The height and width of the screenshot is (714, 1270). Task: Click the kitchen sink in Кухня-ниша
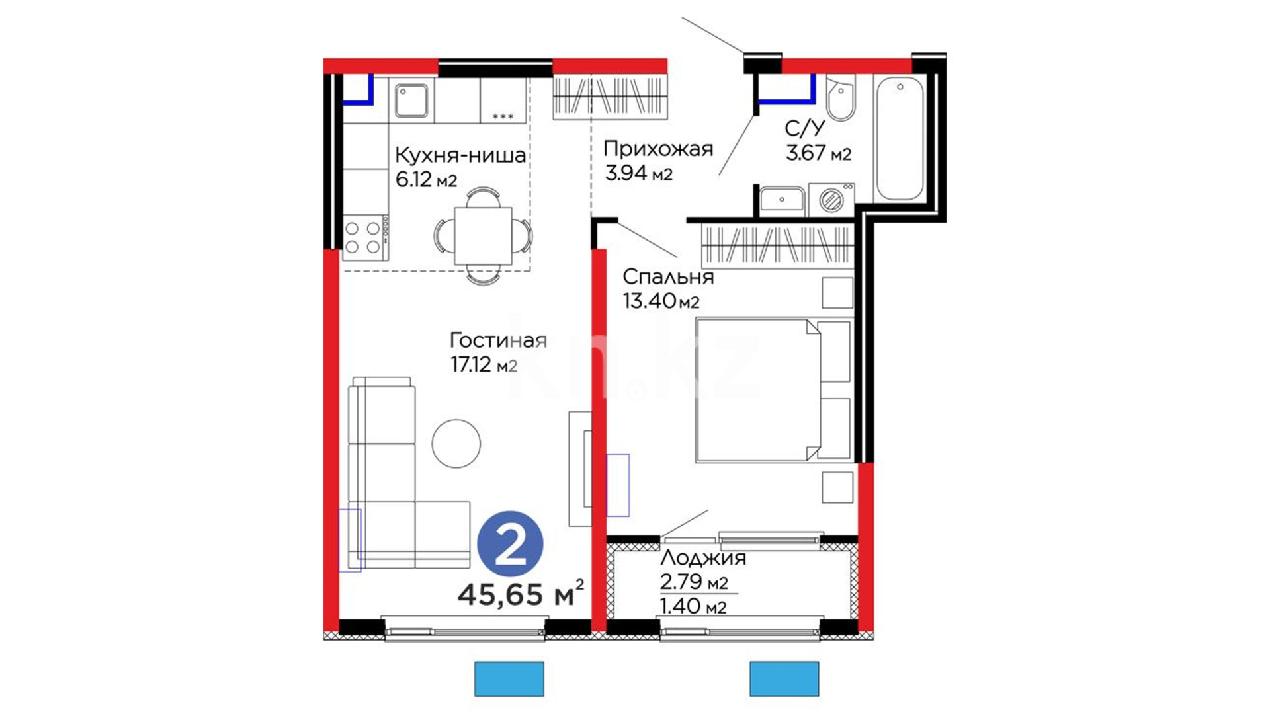(x=411, y=100)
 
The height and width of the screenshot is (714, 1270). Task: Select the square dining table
(x=483, y=235)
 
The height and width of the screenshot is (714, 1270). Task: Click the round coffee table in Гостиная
(x=456, y=444)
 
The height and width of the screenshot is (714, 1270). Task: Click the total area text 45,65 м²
(x=521, y=594)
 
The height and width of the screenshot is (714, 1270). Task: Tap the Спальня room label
(x=668, y=276)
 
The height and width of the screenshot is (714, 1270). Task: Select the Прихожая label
(x=658, y=149)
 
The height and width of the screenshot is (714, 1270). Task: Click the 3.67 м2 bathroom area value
(x=818, y=153)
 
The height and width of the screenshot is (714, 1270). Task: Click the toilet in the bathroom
(x=841, y=97)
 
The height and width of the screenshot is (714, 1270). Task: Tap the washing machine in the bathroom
(x=831, y=200)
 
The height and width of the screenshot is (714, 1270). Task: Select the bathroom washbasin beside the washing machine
(x=782, y=200)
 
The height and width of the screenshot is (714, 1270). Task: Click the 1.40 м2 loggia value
(x=693, y=606)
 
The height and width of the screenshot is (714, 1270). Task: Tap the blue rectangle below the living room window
(x=509, y=679)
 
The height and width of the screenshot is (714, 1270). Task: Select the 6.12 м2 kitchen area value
(x=426, y=179)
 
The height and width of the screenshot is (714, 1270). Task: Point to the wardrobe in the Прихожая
(x=609, y=97)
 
